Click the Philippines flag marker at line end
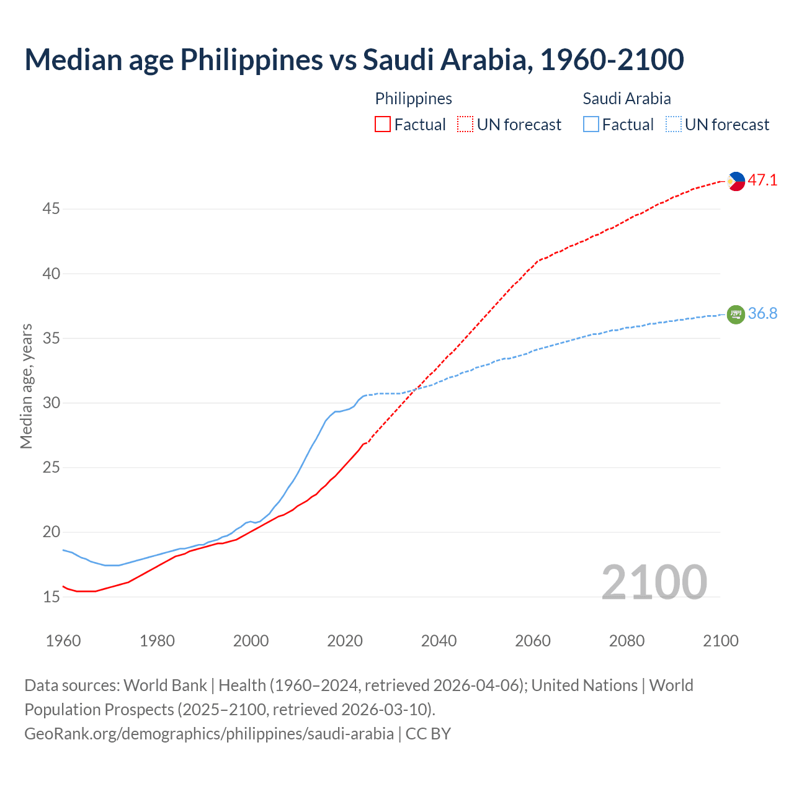click(736, 181)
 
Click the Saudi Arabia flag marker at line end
click(736, 314)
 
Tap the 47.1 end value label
click(762, 181)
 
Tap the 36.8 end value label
click(762, 314)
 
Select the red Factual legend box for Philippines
click(383, 125)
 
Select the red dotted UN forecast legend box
click(465, 125)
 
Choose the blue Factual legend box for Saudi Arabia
click(591, 125)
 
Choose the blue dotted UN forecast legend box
click(674, 125)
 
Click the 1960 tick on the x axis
click(63, 641)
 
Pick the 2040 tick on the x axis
click(439, 641)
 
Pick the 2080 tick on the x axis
click(627, 641)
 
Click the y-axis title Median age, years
click(26, 386)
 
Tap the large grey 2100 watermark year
click(654, 582)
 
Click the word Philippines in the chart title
click(252, 60)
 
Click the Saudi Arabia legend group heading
click(627, 99)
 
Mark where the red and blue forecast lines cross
click(414, 390)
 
